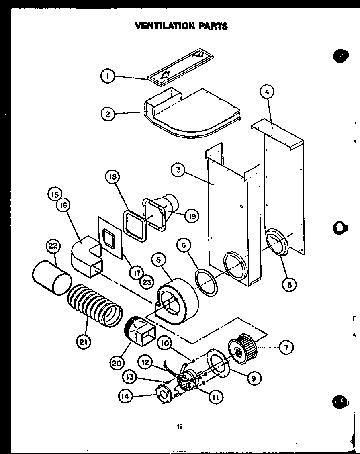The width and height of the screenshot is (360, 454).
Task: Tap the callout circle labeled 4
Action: tap(267, 92)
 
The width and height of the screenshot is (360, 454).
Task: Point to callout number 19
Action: tap(192, 216)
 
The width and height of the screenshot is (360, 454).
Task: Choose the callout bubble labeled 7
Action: tap(286, 347)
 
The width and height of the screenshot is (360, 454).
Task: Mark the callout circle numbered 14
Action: tap(126, 396)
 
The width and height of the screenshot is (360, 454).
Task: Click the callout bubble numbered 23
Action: tap(147, 282)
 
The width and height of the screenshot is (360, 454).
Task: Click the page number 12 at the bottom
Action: tap(180, 427)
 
